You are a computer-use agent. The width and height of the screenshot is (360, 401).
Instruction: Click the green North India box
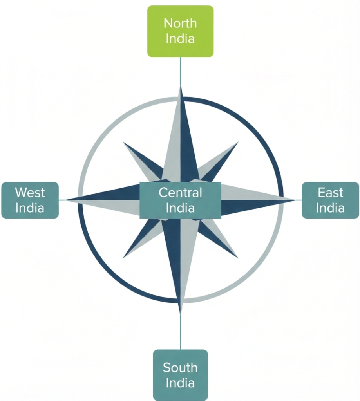coord(180,31)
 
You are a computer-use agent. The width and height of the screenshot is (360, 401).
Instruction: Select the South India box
coord(180,375)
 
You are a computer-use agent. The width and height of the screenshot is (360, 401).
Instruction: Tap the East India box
coord(330,200)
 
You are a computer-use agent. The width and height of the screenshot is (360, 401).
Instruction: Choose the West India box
coord(30,200)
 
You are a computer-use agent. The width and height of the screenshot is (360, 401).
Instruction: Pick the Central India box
coord(180,200)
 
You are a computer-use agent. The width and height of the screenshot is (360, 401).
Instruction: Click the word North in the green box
coord(180,23)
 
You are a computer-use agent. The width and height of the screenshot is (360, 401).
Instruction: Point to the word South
coord(180,368)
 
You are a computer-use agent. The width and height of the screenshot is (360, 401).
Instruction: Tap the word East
coord(330,193)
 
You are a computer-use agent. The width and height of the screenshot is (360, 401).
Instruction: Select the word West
coord(30,193)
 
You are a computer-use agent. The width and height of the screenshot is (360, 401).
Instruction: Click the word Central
coord(180,193)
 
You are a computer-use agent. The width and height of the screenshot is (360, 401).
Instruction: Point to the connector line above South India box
coord(181,331)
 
